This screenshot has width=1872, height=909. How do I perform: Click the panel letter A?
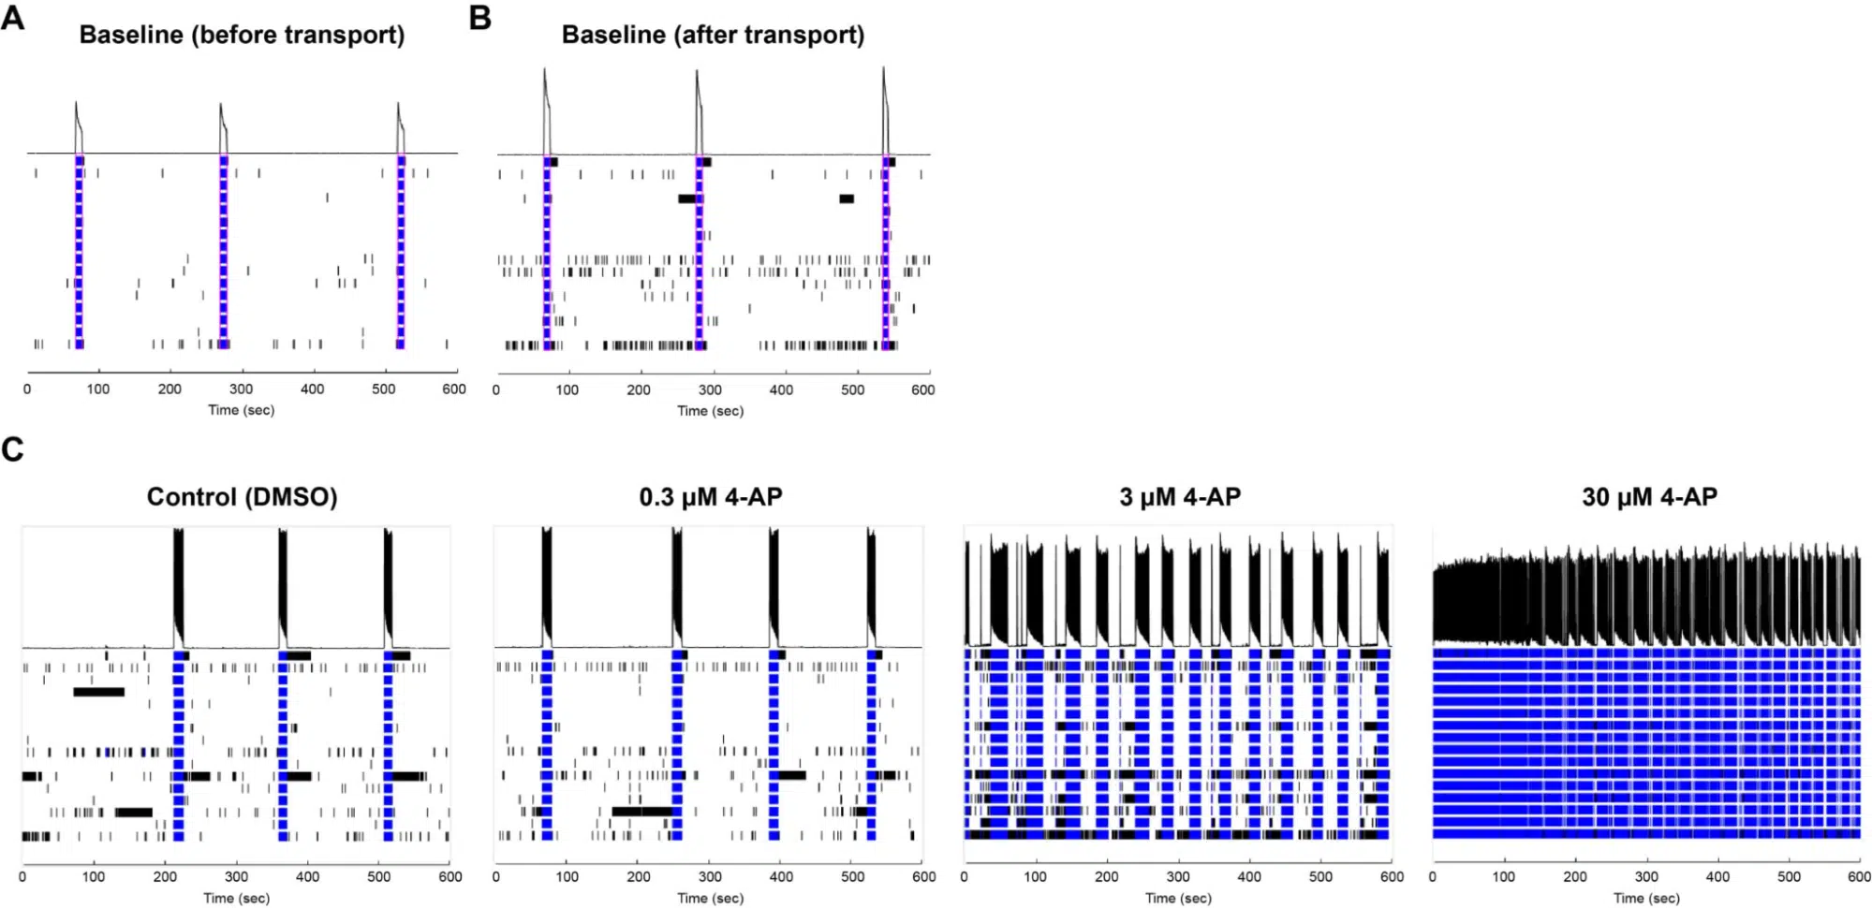click(12, 17)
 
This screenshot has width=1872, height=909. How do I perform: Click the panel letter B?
click(479, 18)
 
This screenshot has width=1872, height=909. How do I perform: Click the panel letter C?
click(12, 449)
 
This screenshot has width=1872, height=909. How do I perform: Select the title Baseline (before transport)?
click(242, 35)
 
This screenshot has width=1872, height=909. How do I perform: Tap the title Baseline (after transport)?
click(713, 35)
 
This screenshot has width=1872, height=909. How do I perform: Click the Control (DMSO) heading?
click(242, 496)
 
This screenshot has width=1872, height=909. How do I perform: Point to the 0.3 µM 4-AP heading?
click(710, 496)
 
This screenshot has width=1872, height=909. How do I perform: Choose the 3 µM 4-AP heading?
click(1180, 496)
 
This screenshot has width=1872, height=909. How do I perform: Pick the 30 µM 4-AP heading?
click(1649, 496)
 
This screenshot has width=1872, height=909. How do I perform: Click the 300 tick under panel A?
click(241, 389)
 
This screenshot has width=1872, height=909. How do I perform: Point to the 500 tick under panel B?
click(852, 389)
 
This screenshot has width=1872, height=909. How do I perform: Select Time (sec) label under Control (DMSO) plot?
click(236, 898)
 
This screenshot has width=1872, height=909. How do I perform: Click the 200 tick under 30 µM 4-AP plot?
click(1574, 877)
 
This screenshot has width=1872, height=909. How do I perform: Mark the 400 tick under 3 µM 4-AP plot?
click(1249, 877)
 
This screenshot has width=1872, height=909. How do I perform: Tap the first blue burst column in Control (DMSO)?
click(178, 744)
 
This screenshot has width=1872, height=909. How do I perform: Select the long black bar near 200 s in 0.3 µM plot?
click(641, 811)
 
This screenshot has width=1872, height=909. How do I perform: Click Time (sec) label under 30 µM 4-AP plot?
click(1646, 898)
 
